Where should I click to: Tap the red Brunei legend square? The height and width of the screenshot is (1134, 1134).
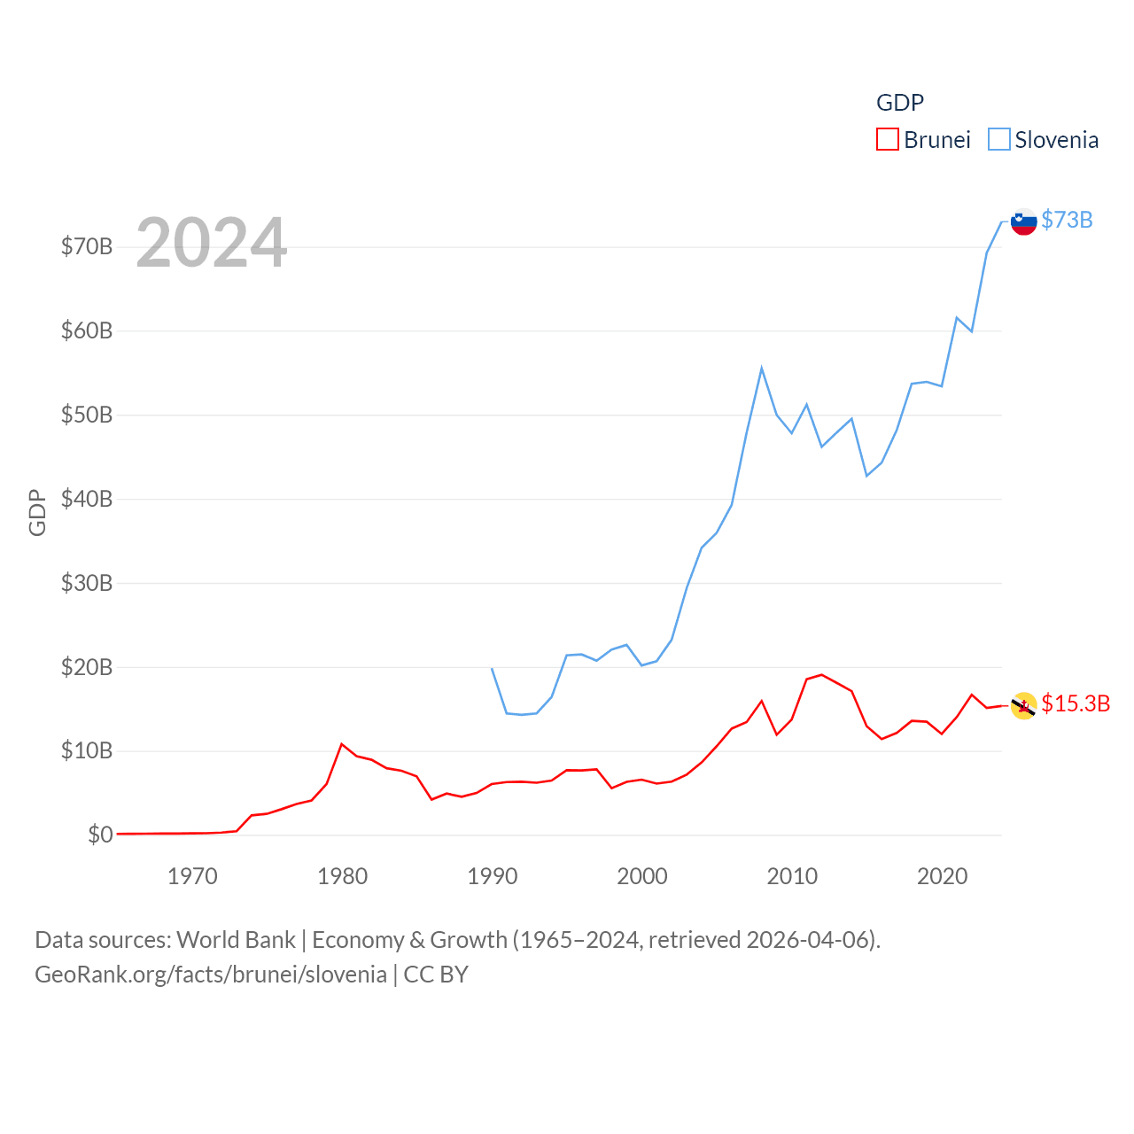(888, 139)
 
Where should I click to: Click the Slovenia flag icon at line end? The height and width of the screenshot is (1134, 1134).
(1024, 221)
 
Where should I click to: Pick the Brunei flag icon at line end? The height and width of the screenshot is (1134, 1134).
(1024, 706)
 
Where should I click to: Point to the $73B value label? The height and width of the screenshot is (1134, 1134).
(1067, 220)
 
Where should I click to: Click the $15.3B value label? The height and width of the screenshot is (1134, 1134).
(1076, 703)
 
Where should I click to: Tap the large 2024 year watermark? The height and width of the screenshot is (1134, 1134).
(211, 242)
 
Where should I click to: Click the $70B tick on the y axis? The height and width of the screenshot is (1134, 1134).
(87, 246)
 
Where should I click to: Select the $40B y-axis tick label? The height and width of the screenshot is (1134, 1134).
(87, 499)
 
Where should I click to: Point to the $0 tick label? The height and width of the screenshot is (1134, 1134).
(100, 835)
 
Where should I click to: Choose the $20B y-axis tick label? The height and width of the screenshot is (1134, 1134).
(87, 667)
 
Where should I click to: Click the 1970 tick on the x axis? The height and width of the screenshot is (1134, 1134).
(192, 877)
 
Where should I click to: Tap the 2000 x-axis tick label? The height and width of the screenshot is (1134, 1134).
(642, 877)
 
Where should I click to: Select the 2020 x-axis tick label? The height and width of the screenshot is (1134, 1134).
(942, 877)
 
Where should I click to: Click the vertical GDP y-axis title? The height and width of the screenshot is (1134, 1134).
(37, 512)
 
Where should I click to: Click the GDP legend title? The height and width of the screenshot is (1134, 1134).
(900, 103)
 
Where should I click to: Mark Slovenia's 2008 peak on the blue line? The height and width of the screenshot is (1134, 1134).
(762, 369)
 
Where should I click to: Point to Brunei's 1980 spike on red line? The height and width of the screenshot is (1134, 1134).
(342, 744)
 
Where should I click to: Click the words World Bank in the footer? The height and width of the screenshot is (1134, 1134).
(237, 940)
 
